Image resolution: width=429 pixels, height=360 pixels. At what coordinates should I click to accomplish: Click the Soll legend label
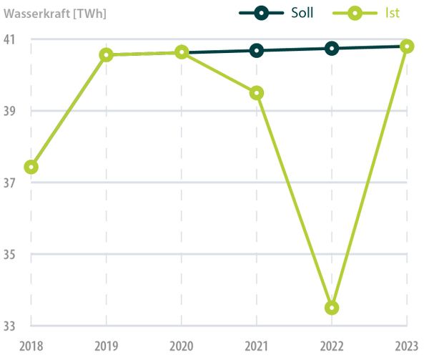(302, 14)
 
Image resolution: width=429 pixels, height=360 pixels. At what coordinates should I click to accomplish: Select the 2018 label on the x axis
(31, 346)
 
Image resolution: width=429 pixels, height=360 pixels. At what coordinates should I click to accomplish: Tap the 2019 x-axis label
(107, 346)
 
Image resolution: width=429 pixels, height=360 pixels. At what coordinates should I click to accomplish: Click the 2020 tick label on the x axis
(182, 346)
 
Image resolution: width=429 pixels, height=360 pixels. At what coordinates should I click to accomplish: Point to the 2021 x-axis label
(257, 346)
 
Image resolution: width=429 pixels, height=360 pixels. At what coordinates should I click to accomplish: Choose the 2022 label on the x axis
(332, 346)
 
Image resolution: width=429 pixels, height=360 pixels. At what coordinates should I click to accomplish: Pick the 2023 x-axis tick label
(406, 346)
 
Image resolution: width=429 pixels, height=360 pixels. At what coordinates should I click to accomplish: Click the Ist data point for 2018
(31, 167)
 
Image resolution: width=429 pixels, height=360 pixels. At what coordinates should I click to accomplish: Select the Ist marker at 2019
(107, 54)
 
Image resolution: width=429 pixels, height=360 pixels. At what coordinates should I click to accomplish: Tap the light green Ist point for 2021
(257, 93)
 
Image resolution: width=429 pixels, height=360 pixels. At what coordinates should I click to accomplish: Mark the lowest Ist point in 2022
(332, 308)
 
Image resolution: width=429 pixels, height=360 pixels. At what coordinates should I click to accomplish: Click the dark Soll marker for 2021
(257, 50)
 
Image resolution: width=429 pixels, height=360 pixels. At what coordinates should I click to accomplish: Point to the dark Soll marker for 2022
(332, 48)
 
